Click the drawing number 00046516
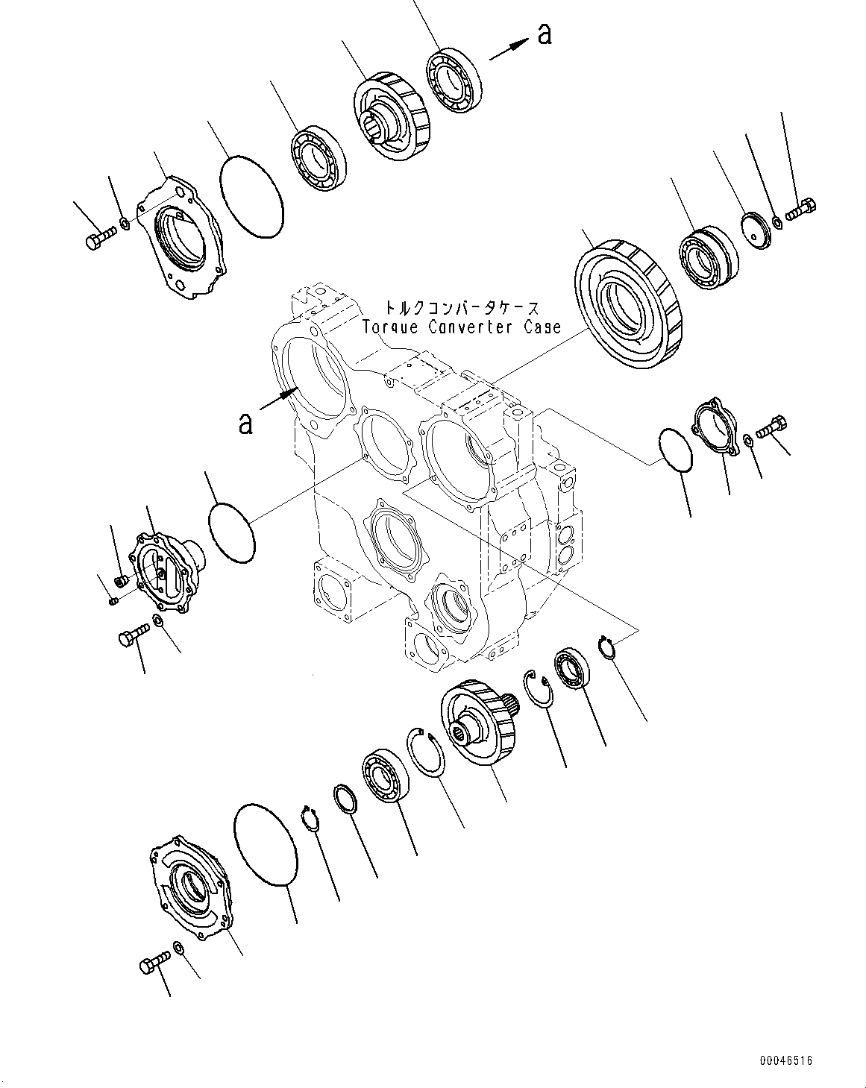pos(785,1046)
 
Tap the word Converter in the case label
pos(470,327)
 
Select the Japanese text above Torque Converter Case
pos(462,307)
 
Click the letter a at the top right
pos(545,35)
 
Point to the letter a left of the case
pos(245,423)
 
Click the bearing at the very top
pos(454,81)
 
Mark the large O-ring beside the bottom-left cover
pos(266,852)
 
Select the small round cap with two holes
pos(757,230)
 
